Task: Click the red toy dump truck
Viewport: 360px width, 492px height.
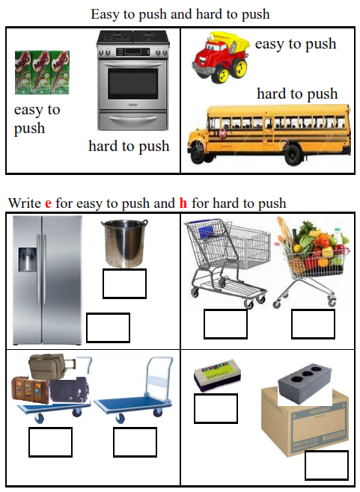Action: coord(221,57)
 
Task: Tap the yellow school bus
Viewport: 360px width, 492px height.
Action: coord(269,135)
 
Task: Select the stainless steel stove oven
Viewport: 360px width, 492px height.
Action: coord(133,80)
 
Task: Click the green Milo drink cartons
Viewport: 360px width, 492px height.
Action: coord(42,73)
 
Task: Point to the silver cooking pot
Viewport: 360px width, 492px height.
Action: coord(124,243)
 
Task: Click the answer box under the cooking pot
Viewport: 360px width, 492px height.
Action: coord(125,283)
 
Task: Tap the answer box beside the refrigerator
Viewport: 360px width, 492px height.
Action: coord(108,328)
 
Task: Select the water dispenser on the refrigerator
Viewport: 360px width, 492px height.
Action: coord(27,259)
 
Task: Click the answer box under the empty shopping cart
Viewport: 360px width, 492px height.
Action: coord(225,324)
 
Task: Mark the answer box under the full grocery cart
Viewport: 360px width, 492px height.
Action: coord(313,324)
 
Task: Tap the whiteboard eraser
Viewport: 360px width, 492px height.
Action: coord(217,375)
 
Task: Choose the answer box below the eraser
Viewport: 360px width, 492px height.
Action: coord(216,408)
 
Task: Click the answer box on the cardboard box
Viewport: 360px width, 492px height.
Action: coord(327,465)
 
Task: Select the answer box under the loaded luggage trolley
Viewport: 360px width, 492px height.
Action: coord(51,442)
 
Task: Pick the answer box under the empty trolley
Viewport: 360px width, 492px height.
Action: coord(135,442)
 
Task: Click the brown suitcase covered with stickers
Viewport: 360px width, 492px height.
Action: coord(30,390)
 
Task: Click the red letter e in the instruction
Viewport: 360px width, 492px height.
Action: coord(48,203)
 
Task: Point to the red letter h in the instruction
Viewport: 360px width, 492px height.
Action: coord(183,203)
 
